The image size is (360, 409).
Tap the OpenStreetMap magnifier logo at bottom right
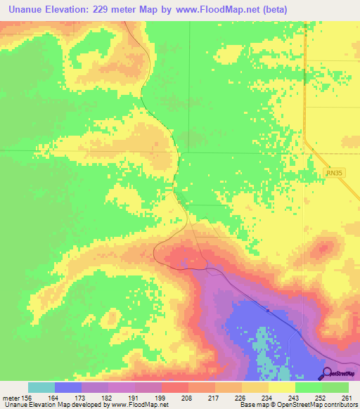(x=327, y=372)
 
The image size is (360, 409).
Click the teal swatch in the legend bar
(x=41, y=387)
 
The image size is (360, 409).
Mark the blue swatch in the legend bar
(x=68, y=387)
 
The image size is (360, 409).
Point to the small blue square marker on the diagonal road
(x=268, y=309)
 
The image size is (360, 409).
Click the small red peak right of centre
(x=324, y=248)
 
